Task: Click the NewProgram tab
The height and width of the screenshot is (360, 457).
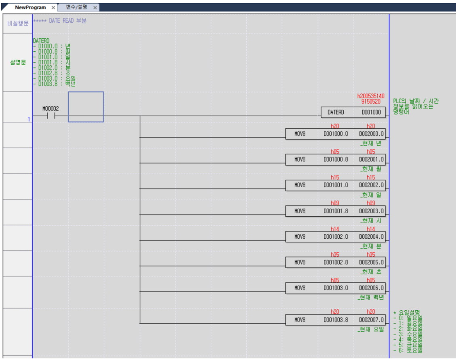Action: click(x=30, y=8)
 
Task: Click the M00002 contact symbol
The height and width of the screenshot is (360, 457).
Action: click(x=51, y=116)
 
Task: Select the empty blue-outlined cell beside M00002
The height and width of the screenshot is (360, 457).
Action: click(x=86, y=107)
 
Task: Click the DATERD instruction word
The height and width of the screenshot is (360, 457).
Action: click(x=335, y=112)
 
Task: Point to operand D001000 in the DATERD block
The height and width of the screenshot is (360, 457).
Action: click(x=371, y=112)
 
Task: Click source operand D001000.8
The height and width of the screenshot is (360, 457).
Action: click(x=336, y=159)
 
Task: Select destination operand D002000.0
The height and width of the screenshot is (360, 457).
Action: click(x=371, y=133)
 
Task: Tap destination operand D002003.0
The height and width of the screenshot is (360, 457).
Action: click(x=371, y=211)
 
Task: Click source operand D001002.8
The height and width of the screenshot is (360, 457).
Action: click(x=336, y=262)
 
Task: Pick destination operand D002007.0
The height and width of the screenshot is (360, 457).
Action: click(x=371, y=320)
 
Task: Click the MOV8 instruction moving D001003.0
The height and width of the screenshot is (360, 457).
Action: click(x=300, y=288)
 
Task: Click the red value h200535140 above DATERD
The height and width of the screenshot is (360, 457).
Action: click(x=371, y=96)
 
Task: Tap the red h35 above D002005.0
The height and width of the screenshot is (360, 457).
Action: click(x=370, y=254)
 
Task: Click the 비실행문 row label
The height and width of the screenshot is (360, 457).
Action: click(x=18, y=23)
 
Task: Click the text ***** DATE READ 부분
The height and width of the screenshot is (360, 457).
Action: click(x=59, y=21)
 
